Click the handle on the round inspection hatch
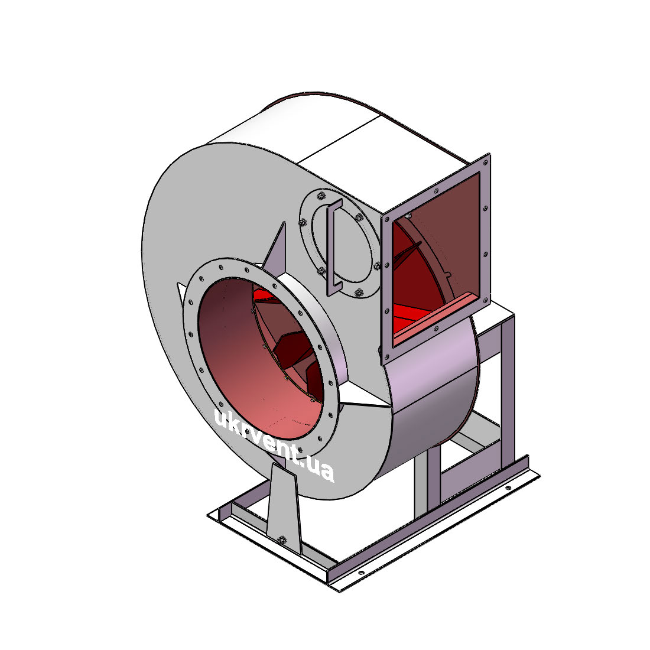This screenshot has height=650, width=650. coord(334,247)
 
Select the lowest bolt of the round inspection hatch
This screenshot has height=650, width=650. coord(359,292)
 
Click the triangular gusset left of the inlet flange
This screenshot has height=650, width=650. coord(181,292)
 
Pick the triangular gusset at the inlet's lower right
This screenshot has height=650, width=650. coord(365,396)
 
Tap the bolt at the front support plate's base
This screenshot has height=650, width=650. coord(282,539)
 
